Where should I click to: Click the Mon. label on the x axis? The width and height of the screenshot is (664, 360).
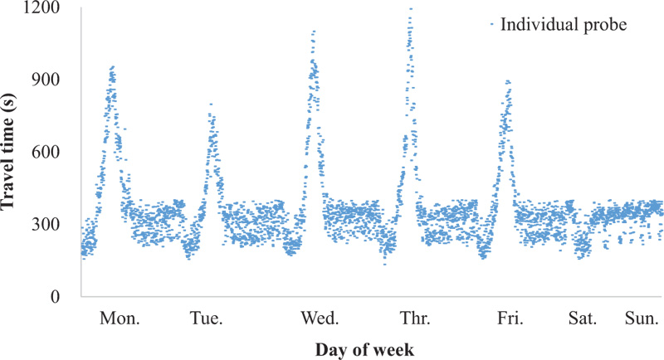point(120,319)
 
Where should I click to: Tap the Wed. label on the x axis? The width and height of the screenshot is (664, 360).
point(319,319)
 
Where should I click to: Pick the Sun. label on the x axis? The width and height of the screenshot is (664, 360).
point(642,319)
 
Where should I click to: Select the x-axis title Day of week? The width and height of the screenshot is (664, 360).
point(372,349)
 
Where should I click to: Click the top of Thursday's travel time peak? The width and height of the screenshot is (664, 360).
point(410,9)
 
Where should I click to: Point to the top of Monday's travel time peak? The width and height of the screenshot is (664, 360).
point(112,66)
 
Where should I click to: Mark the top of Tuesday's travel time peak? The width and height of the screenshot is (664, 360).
point(211,104)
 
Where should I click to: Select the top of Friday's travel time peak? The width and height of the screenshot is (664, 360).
point(507,80)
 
